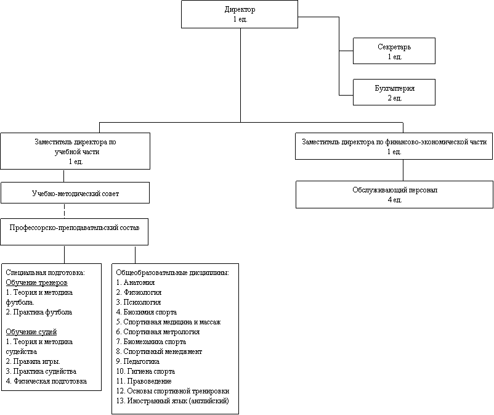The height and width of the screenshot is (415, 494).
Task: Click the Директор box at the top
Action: coord(240,14)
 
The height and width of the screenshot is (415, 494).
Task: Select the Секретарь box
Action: coord(394,51)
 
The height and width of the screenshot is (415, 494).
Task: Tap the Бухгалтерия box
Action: coord(394,92)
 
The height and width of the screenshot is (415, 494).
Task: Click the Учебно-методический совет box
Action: coord(75,192)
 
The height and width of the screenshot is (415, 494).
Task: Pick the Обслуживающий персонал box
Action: coord(394,195)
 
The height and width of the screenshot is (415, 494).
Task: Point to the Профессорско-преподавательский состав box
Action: coord(74,232)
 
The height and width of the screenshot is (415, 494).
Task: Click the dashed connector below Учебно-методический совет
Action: coord(64,211)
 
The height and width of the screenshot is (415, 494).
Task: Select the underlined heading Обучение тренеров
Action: coord(36,282)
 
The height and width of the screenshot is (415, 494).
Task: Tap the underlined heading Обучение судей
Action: coord(31,332)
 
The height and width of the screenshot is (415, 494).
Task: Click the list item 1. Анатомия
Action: coord(136,282)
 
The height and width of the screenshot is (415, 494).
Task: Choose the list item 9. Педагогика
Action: coord(138,361)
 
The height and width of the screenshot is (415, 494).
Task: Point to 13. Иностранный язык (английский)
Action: coord(172,401)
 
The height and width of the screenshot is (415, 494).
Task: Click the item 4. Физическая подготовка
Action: coord(46,381)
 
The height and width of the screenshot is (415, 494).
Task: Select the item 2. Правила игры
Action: coord(33,361)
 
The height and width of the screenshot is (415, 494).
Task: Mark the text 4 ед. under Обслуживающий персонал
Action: coord(395,200)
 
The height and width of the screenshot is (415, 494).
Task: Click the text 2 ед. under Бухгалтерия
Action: coord(395,98)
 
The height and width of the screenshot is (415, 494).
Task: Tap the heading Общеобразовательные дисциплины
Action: coord(172,273)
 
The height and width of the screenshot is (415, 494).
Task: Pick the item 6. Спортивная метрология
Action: coord(158,332)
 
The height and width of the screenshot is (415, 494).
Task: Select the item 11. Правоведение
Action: coord(144,381)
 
